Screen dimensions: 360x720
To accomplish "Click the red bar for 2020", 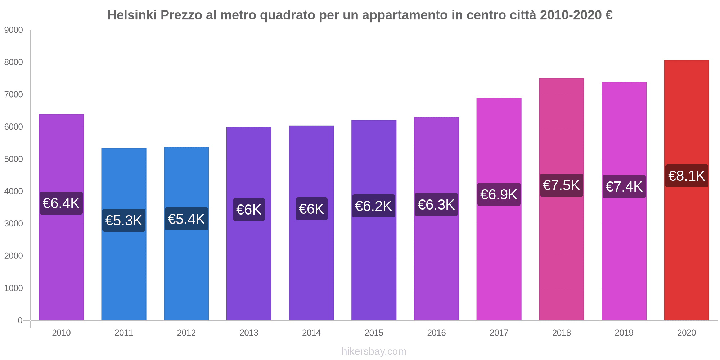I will (686, 252).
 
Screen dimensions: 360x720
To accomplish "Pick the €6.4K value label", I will (61, 203).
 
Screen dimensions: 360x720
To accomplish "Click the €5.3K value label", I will (124, 220).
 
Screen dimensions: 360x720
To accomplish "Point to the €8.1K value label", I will (687, 176).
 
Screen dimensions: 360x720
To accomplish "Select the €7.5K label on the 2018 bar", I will (561, 185).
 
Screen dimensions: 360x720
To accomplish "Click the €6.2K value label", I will (373, 206).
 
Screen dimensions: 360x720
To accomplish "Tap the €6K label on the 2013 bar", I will (249, 210).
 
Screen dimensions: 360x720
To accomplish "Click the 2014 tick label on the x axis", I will (311, 333).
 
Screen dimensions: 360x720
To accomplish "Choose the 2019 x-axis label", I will (624, 333).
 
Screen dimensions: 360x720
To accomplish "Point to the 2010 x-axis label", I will (61, 333).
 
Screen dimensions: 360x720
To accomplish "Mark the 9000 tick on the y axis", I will (14, 30).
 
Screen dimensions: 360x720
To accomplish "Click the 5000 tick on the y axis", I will (14, 159).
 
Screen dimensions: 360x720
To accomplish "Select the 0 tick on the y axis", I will (20, 320).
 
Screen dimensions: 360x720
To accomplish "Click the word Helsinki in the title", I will (132, 15).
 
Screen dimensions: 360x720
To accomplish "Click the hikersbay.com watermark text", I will (374, 351).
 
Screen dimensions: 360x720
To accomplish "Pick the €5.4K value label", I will (186, 219).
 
